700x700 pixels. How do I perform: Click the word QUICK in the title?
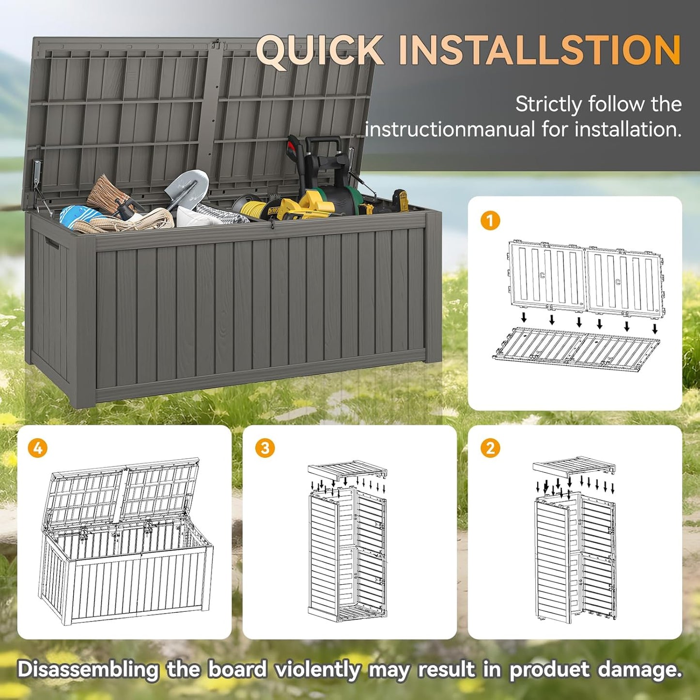320,50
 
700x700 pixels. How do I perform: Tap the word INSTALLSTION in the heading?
540,50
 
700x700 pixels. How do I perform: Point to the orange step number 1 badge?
490,221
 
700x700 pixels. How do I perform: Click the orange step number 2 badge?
490,448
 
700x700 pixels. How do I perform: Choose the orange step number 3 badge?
264,448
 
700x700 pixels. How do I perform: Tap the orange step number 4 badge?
38,448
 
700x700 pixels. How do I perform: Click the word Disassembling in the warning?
88,669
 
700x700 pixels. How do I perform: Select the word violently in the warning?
317,669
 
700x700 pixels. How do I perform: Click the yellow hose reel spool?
252,208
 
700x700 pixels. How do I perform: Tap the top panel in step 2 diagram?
574,467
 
